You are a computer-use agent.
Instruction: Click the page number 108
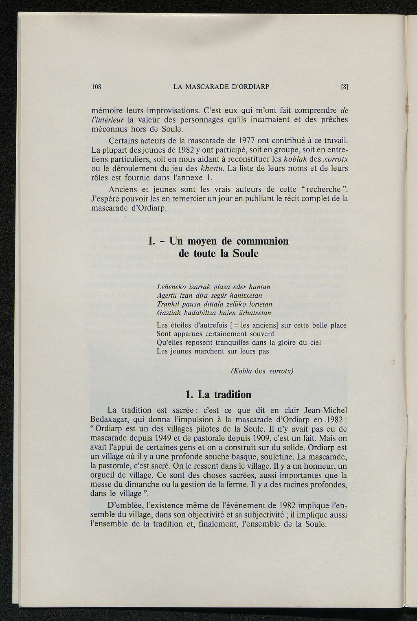pos(97,87)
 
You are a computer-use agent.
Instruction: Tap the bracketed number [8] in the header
pos(345,87)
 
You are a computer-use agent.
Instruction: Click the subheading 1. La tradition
pos(218,394)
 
